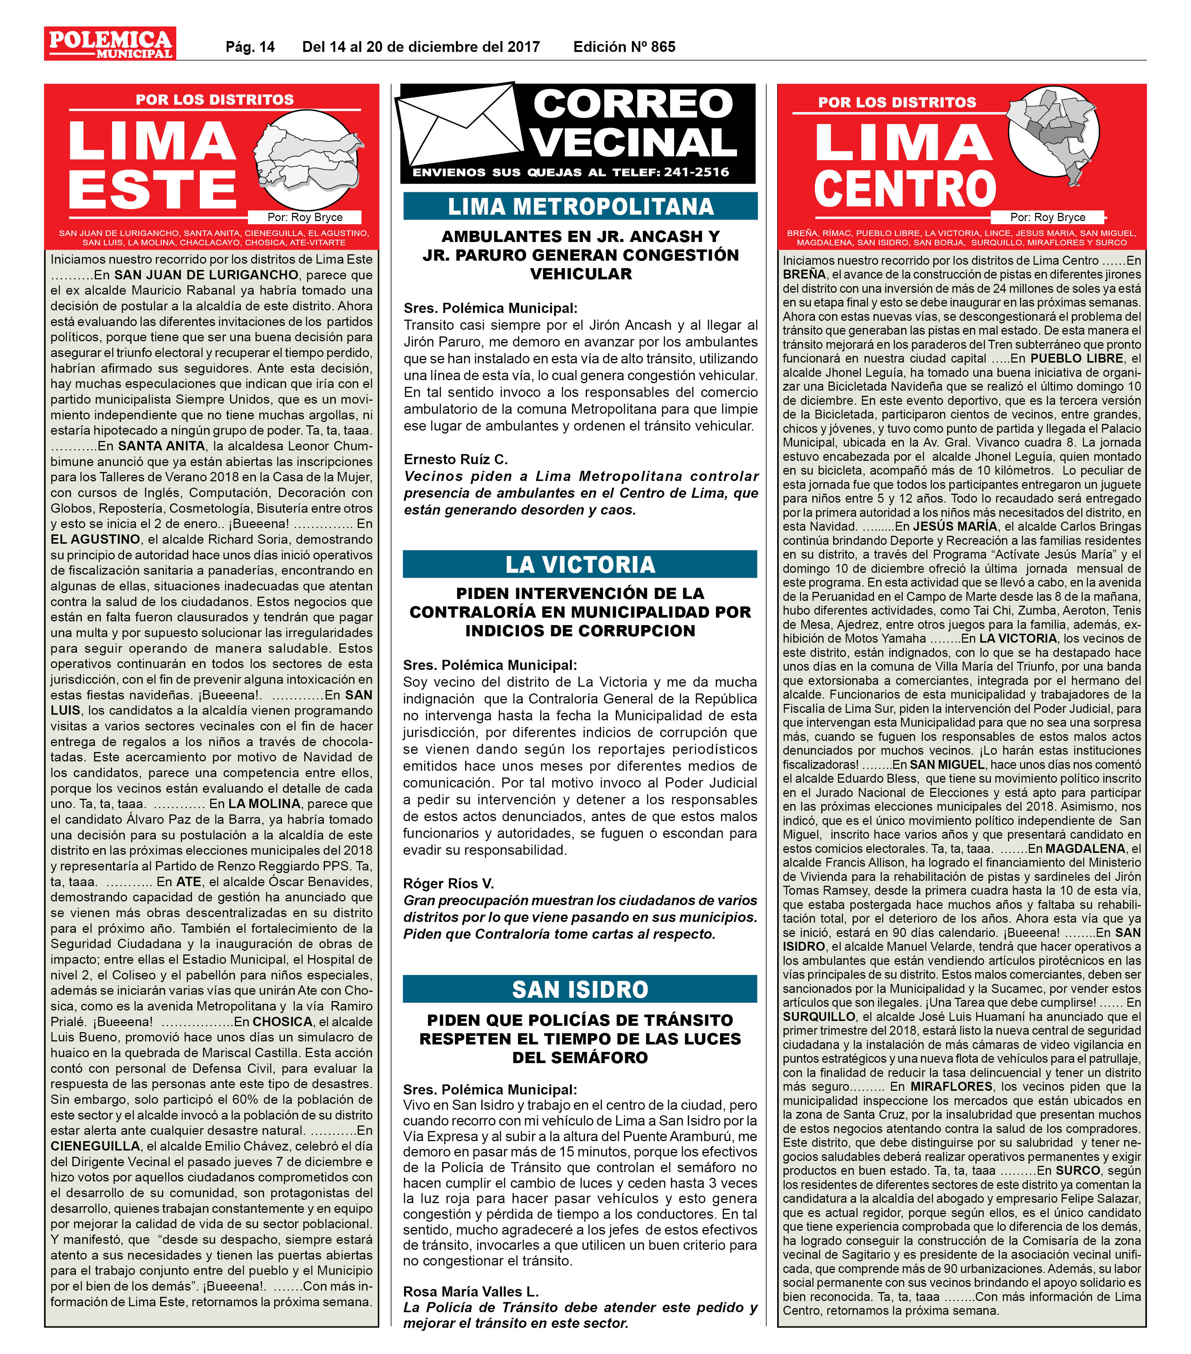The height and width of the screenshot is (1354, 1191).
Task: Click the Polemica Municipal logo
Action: pyautogui.click(x=110, y=44)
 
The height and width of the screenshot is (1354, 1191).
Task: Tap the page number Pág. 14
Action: pyautogui.click(x=250, y=47)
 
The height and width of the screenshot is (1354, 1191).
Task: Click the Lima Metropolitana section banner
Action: pyautogui.click(x=580, y=206)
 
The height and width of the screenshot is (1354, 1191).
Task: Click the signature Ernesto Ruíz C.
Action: pyautogui.click(x=456, y=459)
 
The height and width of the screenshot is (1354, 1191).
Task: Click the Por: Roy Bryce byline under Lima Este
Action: pyautogui.click(x=305, y=217)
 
